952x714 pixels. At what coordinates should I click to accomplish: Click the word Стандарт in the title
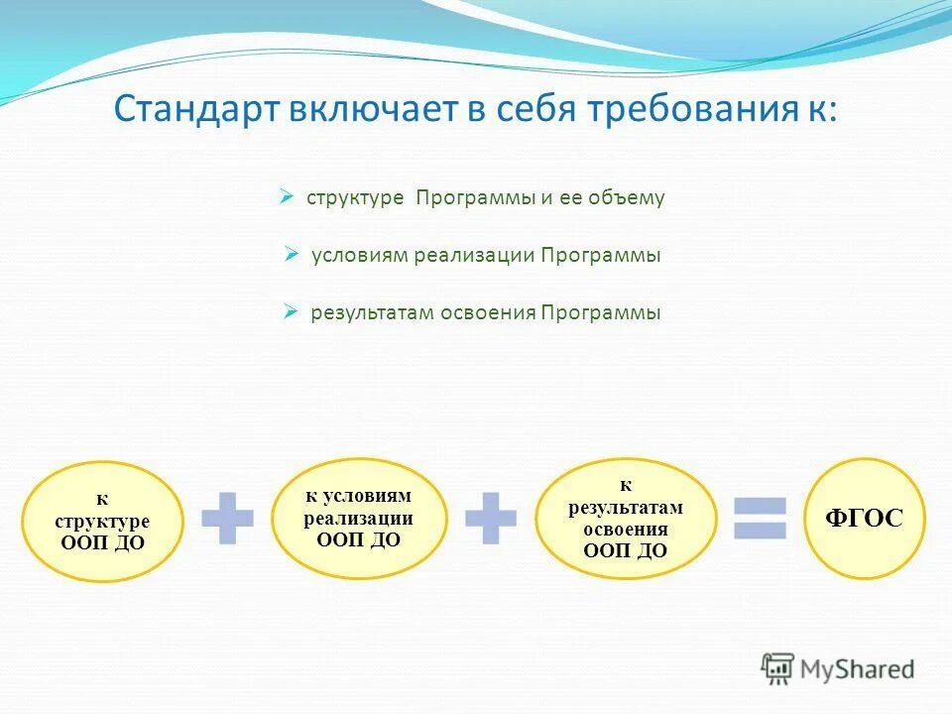[x=196, y=109]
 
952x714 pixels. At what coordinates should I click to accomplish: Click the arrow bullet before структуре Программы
[x=286, y=197]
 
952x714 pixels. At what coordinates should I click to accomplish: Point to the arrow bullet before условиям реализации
[x=292, y=255]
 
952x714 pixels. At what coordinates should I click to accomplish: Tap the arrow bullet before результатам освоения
[x=292, y=312]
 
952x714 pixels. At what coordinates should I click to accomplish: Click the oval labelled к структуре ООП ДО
[x=102, y=521]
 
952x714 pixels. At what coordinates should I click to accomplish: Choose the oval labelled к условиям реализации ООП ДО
[x=359, y=519]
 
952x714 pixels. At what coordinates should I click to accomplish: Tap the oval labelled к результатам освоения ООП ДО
[x=626, y=519]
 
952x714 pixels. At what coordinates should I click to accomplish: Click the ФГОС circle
[x=865, y=518]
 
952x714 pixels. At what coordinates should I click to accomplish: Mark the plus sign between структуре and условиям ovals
[x=227, y=518]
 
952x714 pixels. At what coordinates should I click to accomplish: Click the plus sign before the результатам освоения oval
[x=491, y=518]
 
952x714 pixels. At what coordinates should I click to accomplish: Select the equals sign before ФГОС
[x=760, y=518]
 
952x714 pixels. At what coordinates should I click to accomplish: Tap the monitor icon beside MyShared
[x=777, y=668]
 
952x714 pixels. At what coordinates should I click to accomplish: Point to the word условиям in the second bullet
[x=360, y=255]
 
